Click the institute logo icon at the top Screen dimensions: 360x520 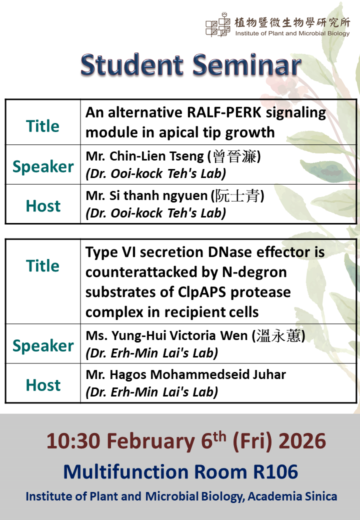(218, 24)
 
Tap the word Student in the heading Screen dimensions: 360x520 (132, 64)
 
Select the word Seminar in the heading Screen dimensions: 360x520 (247, 64)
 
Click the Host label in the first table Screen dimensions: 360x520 (43, 205)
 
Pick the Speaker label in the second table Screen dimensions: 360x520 (43, 345)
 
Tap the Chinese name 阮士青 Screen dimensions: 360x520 (237, 195)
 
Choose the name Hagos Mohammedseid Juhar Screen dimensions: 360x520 (198, 374)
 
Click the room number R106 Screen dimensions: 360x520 (275, 471)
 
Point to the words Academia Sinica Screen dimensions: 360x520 (292, 496)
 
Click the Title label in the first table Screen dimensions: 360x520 (43, 126)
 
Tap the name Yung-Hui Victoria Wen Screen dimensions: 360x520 (179, 335)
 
